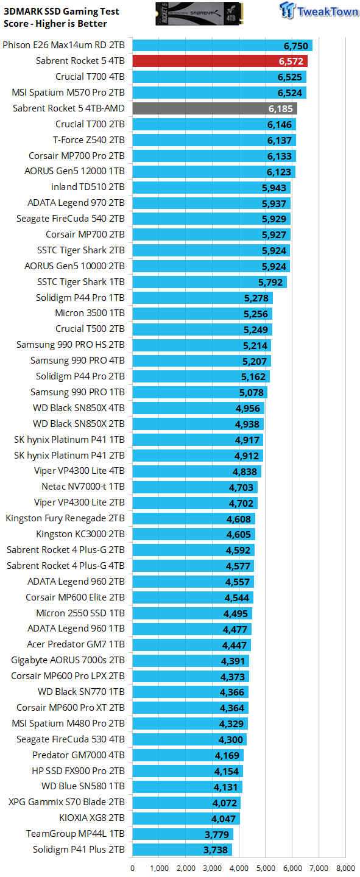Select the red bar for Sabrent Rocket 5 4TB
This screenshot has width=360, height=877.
219,61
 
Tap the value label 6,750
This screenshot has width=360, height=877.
296,45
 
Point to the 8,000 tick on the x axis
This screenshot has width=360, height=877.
345,868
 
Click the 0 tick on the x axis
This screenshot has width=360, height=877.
133,868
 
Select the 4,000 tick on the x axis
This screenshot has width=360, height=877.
239,868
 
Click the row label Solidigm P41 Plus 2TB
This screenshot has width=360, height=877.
79,850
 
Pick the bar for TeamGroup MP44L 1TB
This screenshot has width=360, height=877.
183,834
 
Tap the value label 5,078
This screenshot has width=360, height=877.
252,392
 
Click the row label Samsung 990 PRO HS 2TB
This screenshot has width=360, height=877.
71,345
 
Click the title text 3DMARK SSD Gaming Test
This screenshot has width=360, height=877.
62,12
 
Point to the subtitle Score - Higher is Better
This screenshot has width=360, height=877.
55,24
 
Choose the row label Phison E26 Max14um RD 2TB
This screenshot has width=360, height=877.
64,45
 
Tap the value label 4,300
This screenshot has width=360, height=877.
231,739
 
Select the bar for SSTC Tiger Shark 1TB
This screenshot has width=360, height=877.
210,281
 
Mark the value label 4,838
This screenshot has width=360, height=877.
245,471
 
